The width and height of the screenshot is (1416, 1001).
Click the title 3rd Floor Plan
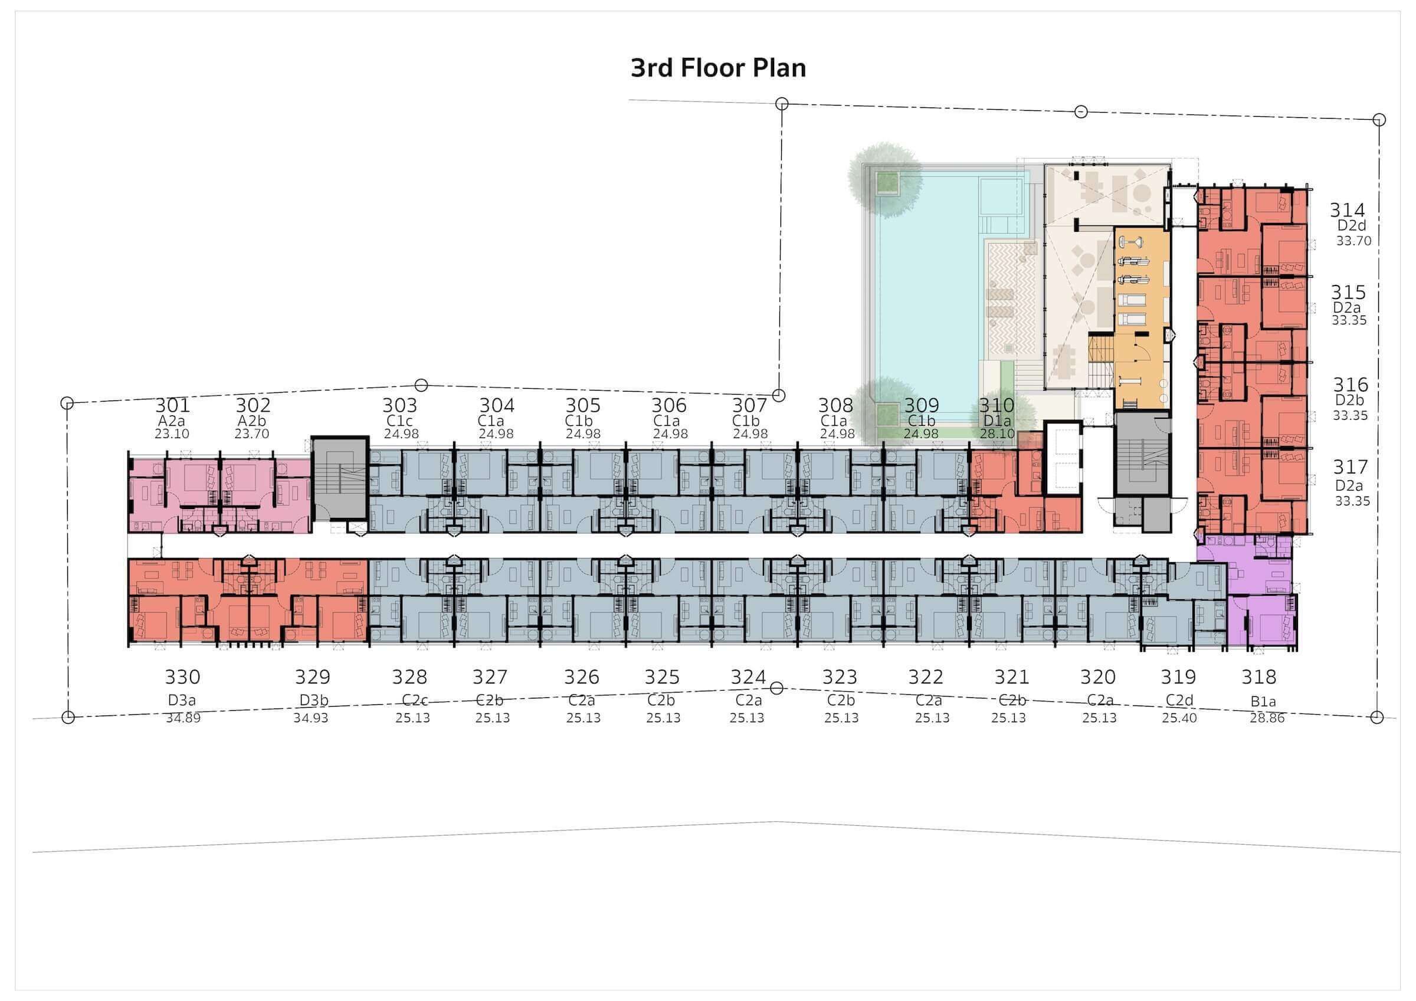718,68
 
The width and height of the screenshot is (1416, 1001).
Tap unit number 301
172,405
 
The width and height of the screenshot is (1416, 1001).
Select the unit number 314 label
1347,211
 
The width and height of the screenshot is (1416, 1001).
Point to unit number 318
1258,677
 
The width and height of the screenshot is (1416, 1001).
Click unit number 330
182,677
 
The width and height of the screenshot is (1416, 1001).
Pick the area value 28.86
1267,718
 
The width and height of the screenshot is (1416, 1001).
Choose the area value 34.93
311,718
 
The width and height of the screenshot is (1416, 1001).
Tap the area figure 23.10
172,434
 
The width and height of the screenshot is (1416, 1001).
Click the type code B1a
1263,702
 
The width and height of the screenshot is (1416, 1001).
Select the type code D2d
1351,226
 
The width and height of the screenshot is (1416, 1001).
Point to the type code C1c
399,421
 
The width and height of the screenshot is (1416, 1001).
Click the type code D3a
181,701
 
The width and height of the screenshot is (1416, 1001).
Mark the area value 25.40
1179,718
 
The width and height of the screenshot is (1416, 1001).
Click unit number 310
997,405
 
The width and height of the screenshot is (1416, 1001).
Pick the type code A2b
253,421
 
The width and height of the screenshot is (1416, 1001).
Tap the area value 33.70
1353,241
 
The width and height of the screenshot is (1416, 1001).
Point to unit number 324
748,677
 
